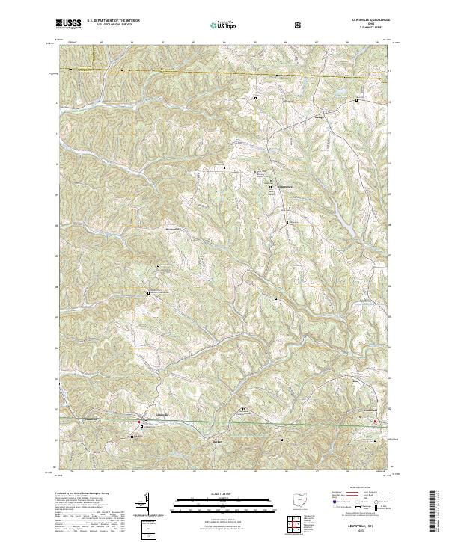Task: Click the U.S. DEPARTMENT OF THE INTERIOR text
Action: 113,21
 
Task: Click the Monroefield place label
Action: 174,231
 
